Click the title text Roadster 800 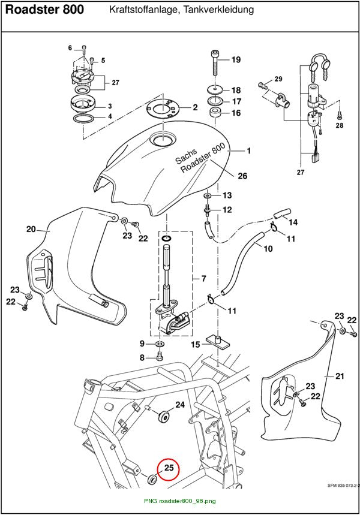(x=45, y=10)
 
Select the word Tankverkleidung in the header (x=218, y=10)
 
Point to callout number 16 (x=236, y=113)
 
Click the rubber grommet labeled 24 (x=164, y=417)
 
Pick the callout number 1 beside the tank (x=249, y=150)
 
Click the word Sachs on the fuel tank (x=186, y=156)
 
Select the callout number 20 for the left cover (x=31, y=228)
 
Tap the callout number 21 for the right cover (x=340, y=376)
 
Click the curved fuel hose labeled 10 (x=243, y=263)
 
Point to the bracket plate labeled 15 (x=217, y=341)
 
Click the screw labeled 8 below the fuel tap (x=160, y=356)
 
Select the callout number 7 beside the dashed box (x=204, y=279)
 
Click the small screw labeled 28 (x=339, y=115)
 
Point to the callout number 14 (x=293, y=222)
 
